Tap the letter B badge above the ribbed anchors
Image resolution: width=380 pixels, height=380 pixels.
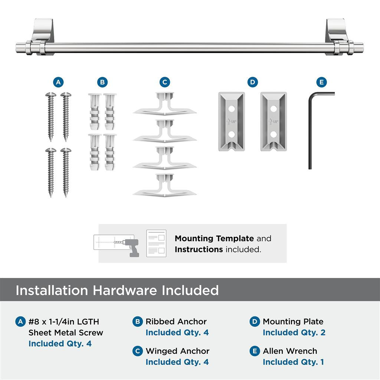coord(102,82)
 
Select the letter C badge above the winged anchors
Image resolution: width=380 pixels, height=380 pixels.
coord(164,82)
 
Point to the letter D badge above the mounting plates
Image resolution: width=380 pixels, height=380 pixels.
coord(252,82)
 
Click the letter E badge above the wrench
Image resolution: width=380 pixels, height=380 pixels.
coord(321,82)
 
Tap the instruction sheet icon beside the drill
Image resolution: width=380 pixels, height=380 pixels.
coord(156,243)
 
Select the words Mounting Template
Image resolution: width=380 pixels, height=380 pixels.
coord(214,239)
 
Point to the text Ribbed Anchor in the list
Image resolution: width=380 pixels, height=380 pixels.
coord(176,321)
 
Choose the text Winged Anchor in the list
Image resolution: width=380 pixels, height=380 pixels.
coord(177,351)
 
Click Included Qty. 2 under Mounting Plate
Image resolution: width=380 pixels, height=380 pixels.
coord(294,332)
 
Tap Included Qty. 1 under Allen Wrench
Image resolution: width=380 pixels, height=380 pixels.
coord(293,362)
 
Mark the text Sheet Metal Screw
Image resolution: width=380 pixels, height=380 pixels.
coord(66,332)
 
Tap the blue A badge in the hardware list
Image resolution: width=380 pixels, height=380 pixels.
coord(21,321)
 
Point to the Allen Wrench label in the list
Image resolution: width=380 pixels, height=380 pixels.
coord(290,351)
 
